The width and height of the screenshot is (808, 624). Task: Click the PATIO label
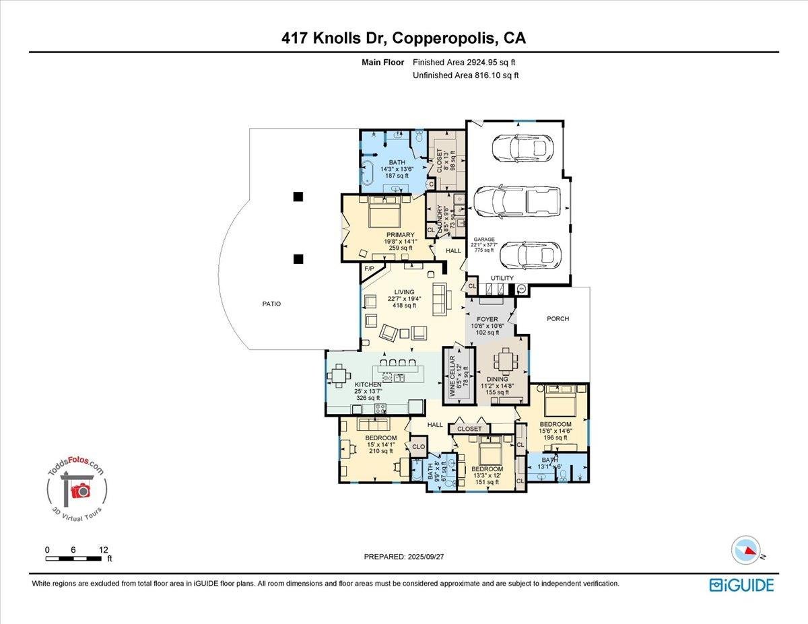(271, 304)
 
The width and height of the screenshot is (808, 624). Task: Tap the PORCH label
(558, 318)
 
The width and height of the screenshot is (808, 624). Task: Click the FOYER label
(487, 320)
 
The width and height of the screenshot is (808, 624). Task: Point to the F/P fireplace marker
(369, 269)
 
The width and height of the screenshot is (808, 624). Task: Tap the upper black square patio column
(298, 197)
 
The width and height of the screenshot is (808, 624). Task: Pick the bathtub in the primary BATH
(369, 172)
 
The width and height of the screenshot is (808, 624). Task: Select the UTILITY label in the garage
(502, 278)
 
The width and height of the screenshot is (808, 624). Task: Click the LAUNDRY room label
(439, 219)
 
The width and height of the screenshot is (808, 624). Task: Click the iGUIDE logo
(741, 584)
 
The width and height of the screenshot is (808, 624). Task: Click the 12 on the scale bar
(102, 549)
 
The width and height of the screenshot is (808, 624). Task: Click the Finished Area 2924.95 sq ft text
(466, 63)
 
